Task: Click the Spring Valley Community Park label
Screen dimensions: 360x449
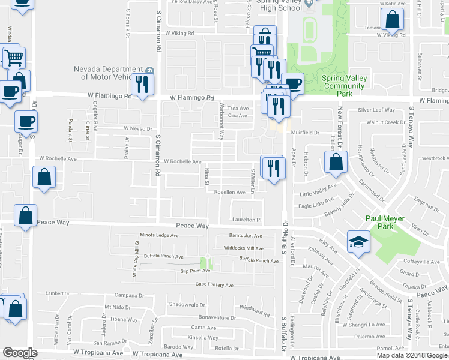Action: tap(343, 86)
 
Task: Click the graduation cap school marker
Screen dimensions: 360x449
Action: tap(358, 241)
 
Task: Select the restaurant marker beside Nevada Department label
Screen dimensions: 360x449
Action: tap(142, 84)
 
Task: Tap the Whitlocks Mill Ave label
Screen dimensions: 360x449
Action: tap(243, 248)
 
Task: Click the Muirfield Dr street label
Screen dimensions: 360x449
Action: tap(304, 133)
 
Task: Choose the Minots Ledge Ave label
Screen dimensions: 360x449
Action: tap(159, 235)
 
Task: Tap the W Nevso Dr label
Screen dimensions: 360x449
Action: tap(139, 128)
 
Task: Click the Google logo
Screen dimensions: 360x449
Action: tap(20, 353)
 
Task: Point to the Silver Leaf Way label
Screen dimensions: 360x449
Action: tap(376, 110)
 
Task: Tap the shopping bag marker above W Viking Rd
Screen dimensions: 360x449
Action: tap(392, 19)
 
